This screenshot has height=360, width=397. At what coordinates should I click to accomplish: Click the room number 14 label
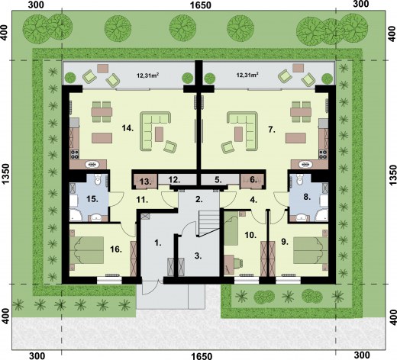pos(127,128)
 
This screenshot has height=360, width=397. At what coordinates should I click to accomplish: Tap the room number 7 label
pos(272,130)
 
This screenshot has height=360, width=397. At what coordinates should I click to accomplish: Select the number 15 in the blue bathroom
pos(92,199)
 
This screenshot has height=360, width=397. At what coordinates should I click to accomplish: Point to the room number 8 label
pos(307,197)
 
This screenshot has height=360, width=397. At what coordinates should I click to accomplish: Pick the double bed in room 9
pos(311,250)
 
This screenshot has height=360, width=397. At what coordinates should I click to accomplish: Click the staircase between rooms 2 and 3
pos(208,223)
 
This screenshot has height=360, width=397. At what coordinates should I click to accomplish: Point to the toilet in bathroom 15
pos(98,180)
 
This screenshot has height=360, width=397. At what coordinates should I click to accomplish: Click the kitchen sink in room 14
pos(92,165)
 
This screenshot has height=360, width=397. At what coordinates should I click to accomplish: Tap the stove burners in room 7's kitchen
pos(324,154)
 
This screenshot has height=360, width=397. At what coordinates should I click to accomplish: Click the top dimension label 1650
pos(201,5)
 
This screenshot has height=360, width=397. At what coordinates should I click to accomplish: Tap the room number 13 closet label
pos(146,182)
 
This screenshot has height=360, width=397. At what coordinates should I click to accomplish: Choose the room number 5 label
pos(218,180)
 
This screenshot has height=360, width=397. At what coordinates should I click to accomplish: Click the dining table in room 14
pos(102,111)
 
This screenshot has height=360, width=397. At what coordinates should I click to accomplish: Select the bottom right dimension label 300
pos(362,355)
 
